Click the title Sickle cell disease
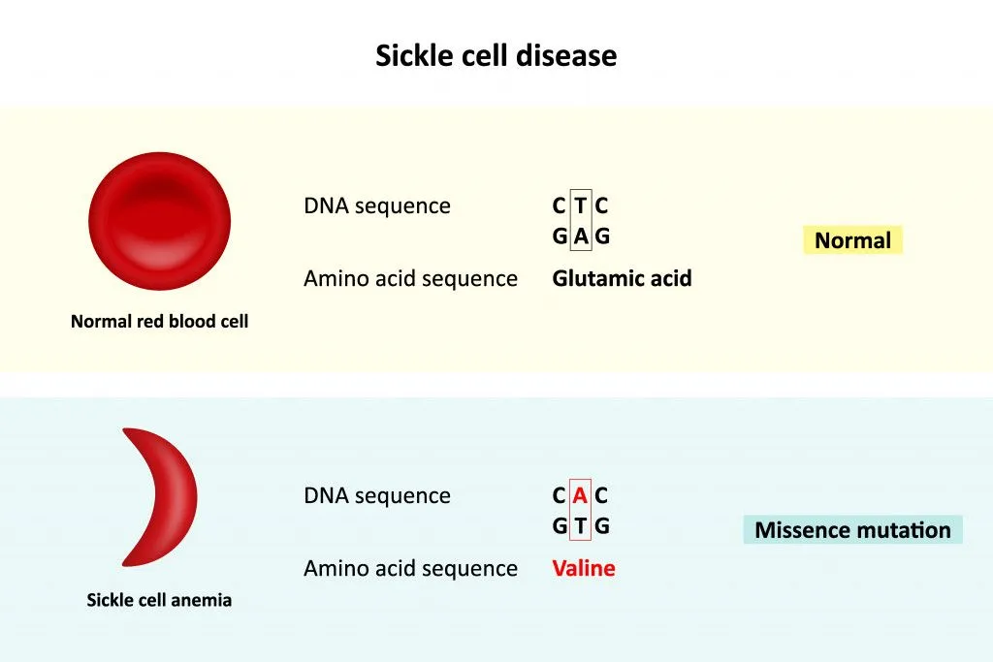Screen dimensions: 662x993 [496, 55]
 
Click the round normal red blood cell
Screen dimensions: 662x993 [159, 220]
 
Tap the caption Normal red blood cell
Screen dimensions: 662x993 [159, 321]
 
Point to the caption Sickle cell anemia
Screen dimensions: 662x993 [159, 600]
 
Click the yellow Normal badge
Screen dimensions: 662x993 [852, 240]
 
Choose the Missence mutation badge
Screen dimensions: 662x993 [852, 530]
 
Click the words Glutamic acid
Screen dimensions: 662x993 [622, 279]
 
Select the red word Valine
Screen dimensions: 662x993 [584, 568]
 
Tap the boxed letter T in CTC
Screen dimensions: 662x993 [581, 205]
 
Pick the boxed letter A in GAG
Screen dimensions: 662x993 [581, 236]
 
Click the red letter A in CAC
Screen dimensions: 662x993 [581, 495]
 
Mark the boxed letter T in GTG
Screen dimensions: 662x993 [581, 526]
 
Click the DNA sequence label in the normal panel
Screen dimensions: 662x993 [377, 206]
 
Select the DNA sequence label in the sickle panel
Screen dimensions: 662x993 [377, 495]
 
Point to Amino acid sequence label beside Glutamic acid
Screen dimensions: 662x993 [410, 279]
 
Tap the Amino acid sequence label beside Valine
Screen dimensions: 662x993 [410, 568]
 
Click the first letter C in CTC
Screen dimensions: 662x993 [560, 205]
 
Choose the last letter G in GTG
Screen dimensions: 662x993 [602, 526]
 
